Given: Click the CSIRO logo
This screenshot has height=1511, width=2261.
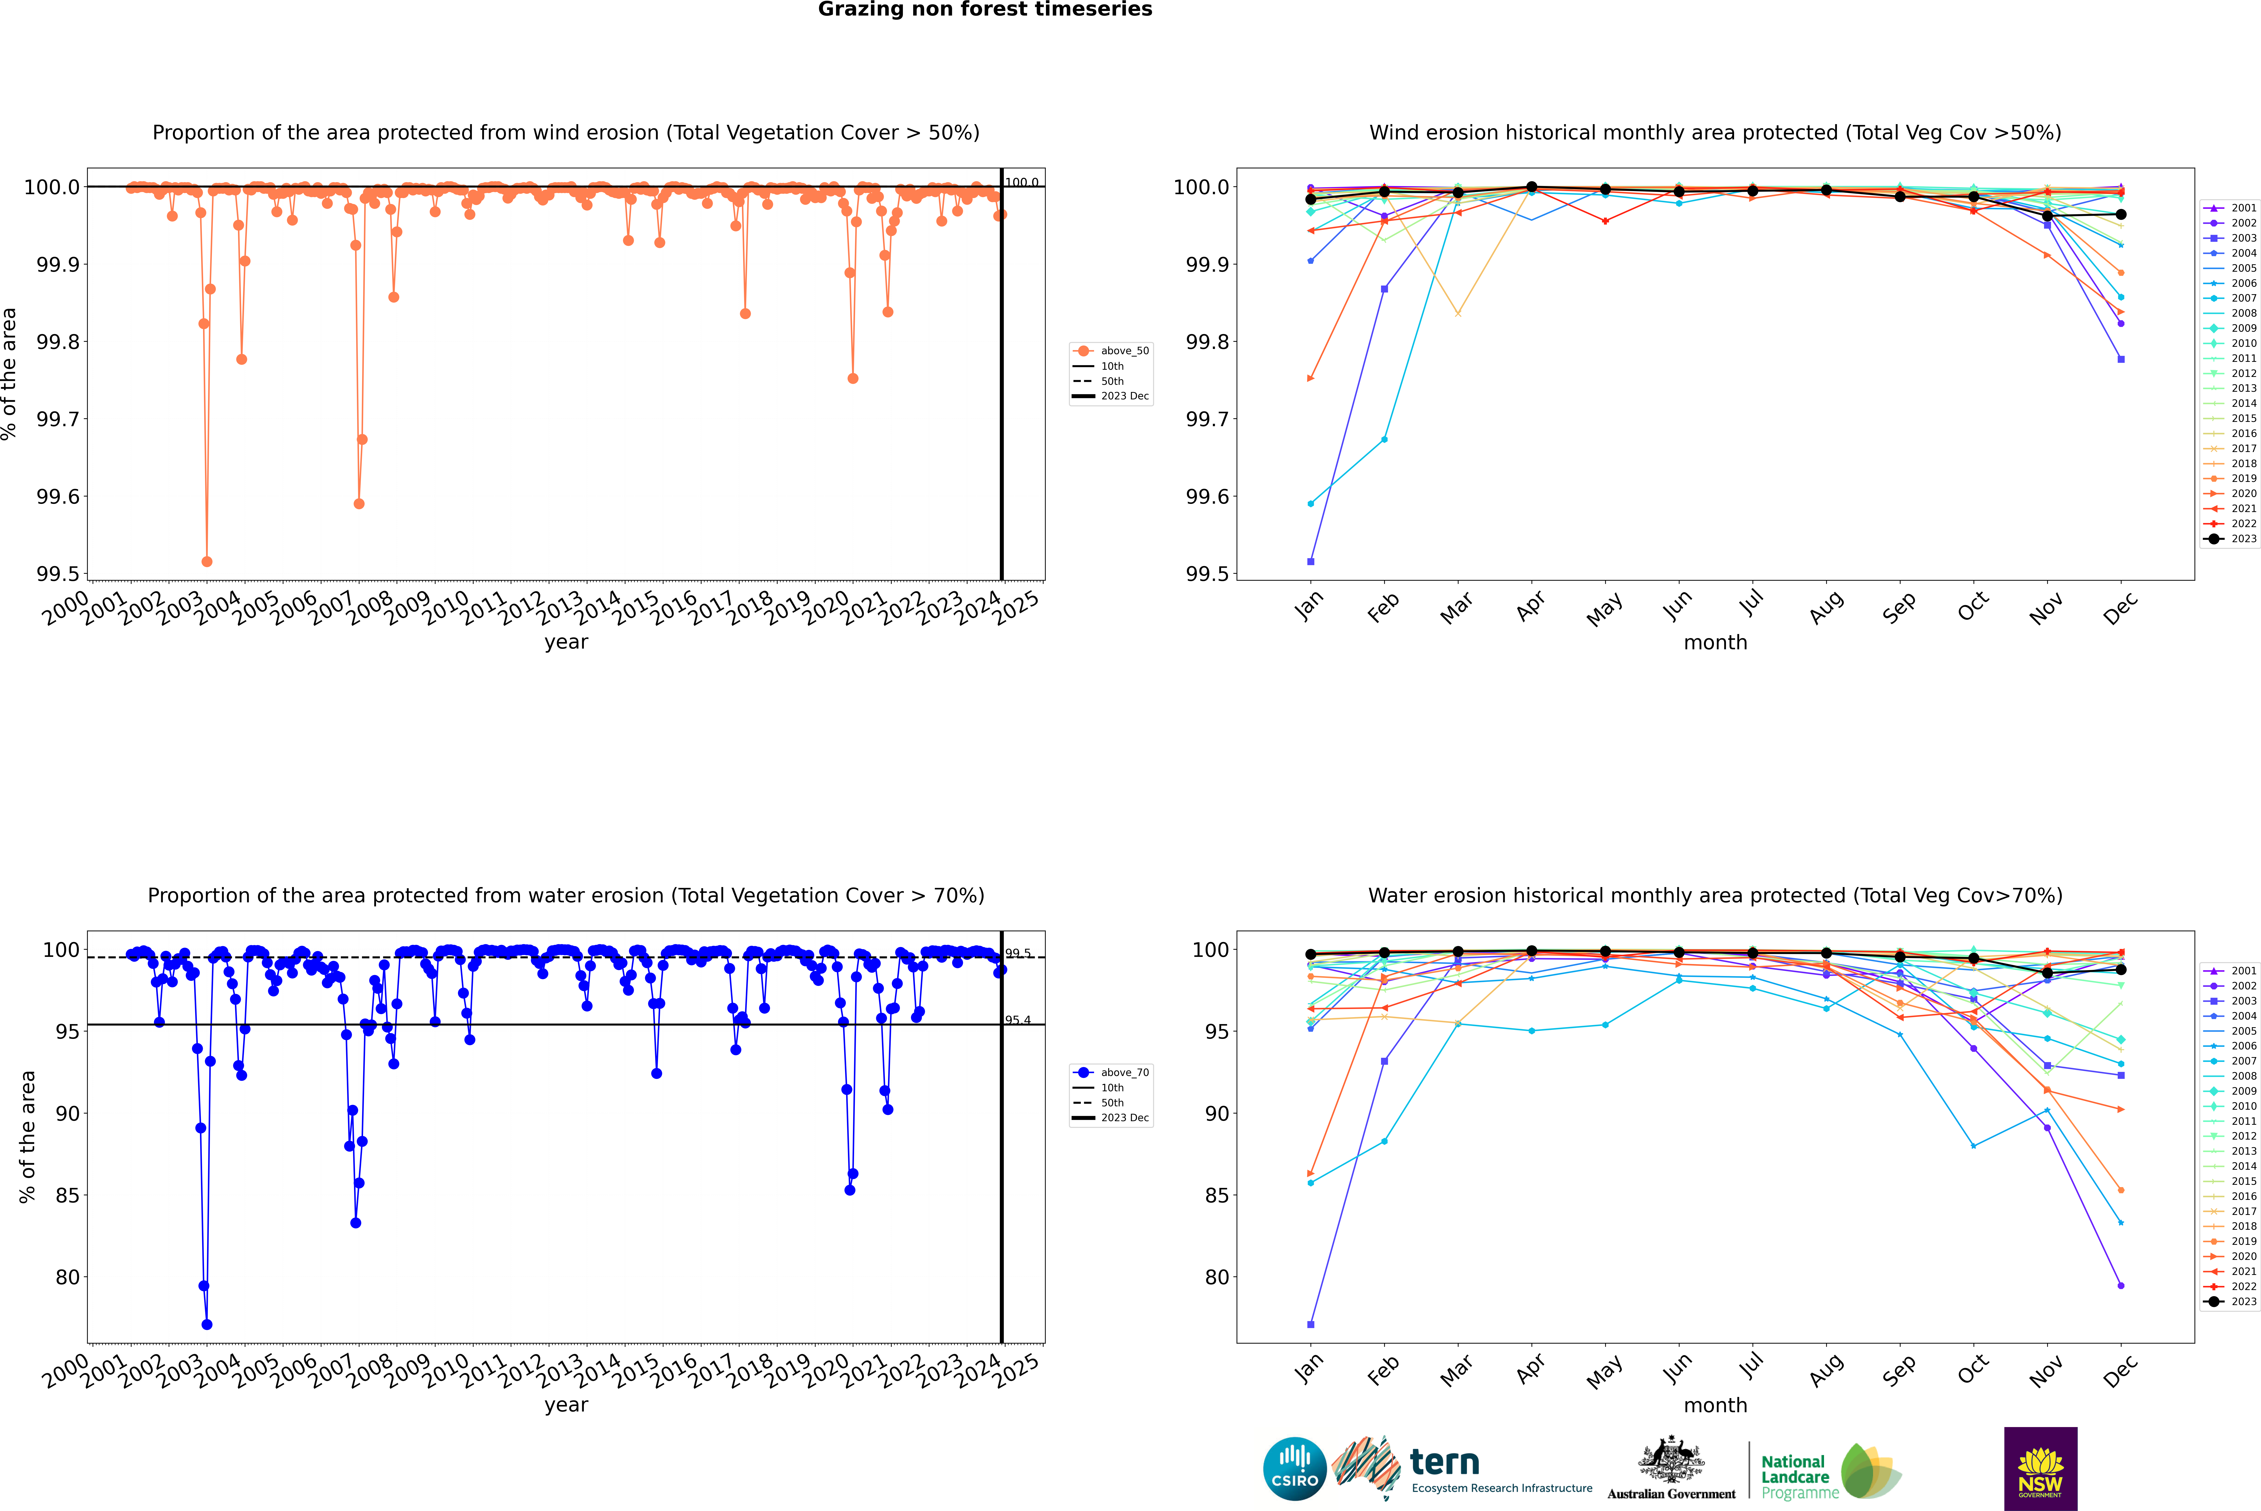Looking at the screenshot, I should tap(1294, 1469).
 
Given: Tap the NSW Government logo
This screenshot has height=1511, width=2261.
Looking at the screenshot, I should tap(2040, 1469).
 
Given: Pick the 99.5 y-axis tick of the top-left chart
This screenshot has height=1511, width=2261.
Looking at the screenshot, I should tap(58, 574).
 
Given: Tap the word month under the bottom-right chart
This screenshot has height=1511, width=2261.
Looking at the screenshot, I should tap(1714, 1405).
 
